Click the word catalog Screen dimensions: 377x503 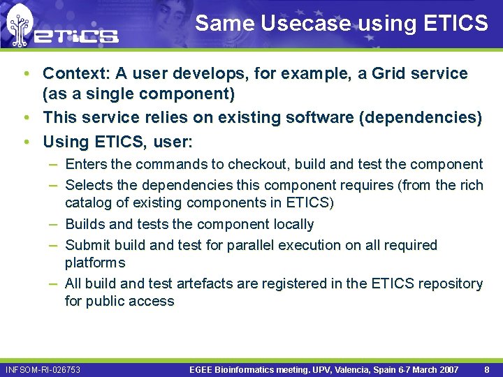pos(88,203)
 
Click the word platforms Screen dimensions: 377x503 pos(95,263)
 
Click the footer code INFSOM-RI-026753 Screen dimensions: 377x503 pos(43,369)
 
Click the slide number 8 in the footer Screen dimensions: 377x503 pos(486,369)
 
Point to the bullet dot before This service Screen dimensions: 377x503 pos(25,118)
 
